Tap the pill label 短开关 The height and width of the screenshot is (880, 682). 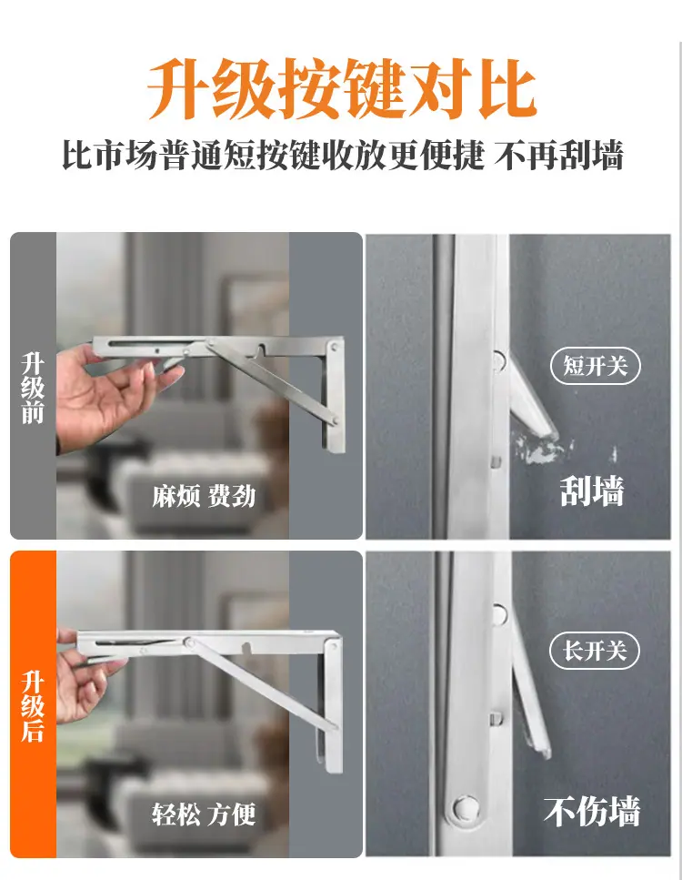pos(595,366)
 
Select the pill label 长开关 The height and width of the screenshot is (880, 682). pos(595,651)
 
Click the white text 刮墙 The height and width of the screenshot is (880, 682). pos(592,491)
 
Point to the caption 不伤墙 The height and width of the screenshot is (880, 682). pos(592,811)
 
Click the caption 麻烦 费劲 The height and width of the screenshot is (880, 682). pos(204,497)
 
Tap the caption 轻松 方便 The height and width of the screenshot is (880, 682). pos(204,814)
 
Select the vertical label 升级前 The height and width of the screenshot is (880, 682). pos(33,388)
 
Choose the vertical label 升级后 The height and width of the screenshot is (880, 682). pos(33,706)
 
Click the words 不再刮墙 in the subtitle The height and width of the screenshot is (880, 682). pos(559,156)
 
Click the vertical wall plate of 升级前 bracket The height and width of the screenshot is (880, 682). pos(333,393)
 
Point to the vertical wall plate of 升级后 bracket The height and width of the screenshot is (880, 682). pos(332,702)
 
